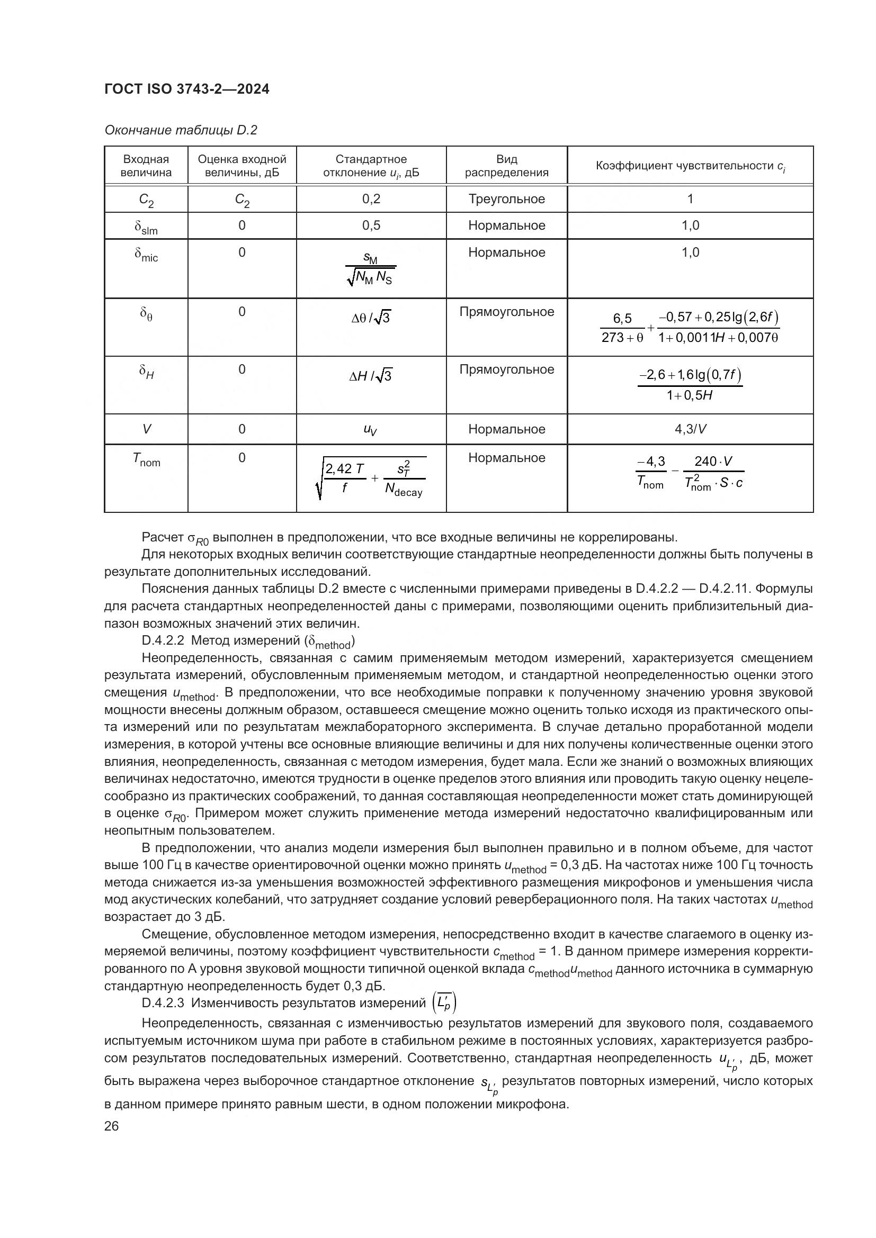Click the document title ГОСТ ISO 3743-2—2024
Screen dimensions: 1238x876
(x=186, y=89)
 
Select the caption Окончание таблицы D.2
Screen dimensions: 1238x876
(x=181, y=130)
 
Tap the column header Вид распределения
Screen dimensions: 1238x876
(x=506, y=166)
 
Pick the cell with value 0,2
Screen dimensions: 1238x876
(x=371, y=199)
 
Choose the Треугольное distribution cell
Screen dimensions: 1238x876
(x=506, y=199)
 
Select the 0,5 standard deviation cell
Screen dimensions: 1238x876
(x=371, y=225)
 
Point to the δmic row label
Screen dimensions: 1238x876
(x=146, y=254)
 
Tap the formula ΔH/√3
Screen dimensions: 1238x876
(x=371, y=376)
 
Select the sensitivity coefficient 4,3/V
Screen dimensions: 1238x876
(x=690, y=429)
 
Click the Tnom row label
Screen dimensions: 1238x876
(x=146, y=459)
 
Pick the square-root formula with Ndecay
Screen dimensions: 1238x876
(x=371, y=478)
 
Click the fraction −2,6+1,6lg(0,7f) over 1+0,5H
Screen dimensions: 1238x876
(x=690, y=384)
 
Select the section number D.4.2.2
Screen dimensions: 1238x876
(x=163, y=640)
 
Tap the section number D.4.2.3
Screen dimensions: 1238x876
(x=163, y=1003)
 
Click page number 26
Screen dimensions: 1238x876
(x=111, y=1126)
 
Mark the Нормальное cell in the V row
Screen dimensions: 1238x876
(x=506, y=429)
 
